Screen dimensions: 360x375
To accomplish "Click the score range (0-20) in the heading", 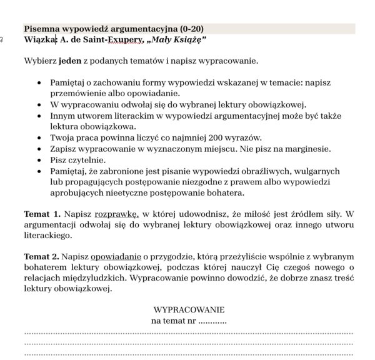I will (x=187, y=29).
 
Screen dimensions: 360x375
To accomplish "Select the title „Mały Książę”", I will (x=177, y=40).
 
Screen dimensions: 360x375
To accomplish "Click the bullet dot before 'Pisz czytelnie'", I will (x=41, y=160).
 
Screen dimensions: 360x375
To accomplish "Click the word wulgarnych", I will (x=317, y=171).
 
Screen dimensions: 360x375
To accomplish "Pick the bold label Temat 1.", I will (x=42, y=214).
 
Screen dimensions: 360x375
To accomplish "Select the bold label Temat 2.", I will (x=42, y=256).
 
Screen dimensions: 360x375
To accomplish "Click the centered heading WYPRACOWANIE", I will (x=189, y=310).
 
